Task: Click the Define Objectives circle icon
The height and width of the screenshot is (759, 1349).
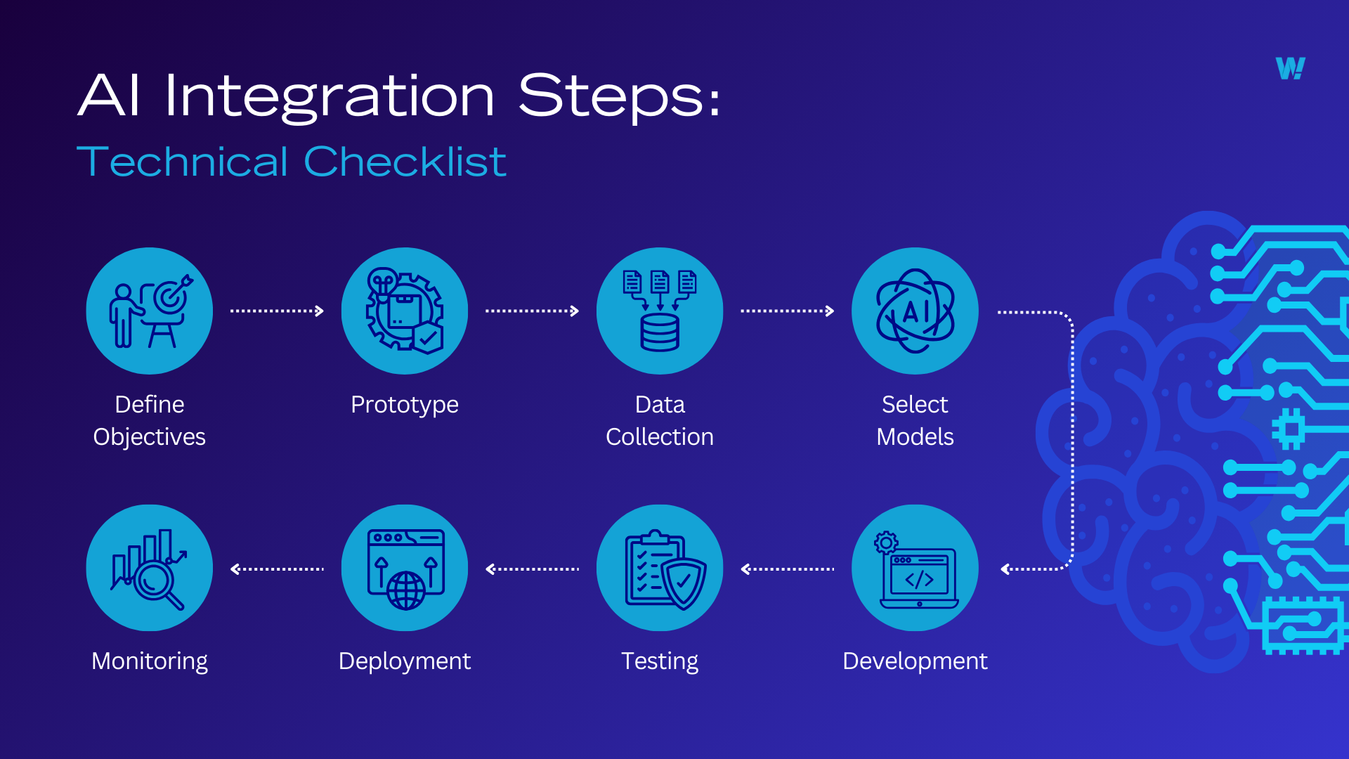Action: pyautogui.click(x=149, y=311)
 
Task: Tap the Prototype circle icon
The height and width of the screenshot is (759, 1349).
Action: pyautogui.click(x=405, y=311)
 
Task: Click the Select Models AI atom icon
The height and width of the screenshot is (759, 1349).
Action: pyautogui.click(x=915, y=311)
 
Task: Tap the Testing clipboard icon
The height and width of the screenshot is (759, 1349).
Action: pyautogui.click(x=660, y=568)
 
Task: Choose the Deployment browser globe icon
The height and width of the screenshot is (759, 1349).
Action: pyautogui.click(x=405, y=568)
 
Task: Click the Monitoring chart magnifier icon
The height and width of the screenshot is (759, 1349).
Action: pyautogui.click(x=149, y=568)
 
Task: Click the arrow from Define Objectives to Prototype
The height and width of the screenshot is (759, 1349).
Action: pyautogui.click(x=277, y=311)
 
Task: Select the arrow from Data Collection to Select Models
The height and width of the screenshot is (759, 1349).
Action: pyautogui.click(x=787, y=311)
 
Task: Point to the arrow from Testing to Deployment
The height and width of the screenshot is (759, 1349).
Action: pyautogui.click(x=532, y=569)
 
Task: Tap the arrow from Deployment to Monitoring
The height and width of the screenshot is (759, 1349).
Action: pyautogui.click(x=277, y=569)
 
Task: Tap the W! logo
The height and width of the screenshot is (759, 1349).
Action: pyautogui.click(x=1290, y=68)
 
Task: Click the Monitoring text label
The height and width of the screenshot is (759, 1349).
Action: pyautogui.click(x=149, y=661)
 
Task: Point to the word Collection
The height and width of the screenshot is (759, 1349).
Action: pyautogui.click(x=660, y=436)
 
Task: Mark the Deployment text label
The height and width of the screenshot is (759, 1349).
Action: pyautogui.click(x=405, y=661)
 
